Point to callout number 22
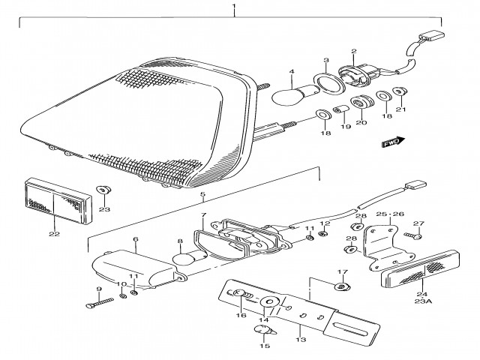pos(54,233)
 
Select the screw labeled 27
pos(412,235)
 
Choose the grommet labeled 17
pos(343,286)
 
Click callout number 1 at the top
pos(234,10)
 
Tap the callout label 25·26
pos(390,214)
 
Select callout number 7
pos(202,217)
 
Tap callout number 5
pos(201,196)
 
